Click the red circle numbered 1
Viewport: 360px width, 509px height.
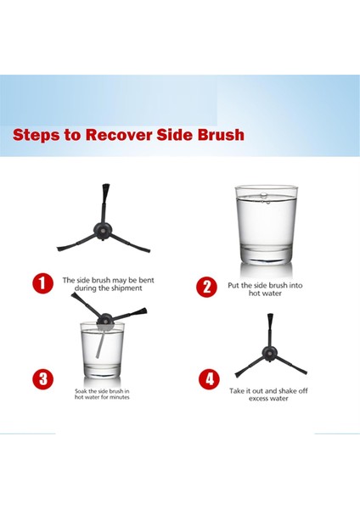(x=42, y=283)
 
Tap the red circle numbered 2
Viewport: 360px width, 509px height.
(x=206, y=287)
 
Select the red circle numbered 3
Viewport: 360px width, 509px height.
(x=42, y=379)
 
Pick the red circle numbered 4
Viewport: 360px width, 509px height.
(x=209, y=379)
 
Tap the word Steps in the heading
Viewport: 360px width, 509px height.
(x=36, y=136)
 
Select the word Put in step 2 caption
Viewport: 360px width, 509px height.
(x=233, y=286)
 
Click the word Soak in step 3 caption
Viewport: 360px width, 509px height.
(x=81, y=391)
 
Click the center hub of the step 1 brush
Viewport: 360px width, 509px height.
(x=103, y=231)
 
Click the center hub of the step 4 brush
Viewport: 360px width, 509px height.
(x=270, y=354)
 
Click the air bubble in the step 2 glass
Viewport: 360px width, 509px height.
(x=264, y=195)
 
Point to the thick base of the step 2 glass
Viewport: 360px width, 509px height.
(x=266, y=255)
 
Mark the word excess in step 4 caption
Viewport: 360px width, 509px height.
(x=259, y=399)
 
